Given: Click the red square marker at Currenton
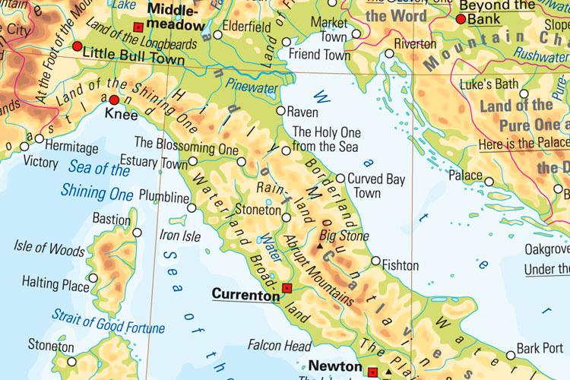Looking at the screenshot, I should coord(287,288).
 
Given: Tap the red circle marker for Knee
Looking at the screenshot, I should coord(114,100).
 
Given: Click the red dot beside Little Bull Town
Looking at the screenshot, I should coord(77,46).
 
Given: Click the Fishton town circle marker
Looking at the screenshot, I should coord(375,261).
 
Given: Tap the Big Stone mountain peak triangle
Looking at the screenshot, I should coord(322,247).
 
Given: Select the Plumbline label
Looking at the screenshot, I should coord(163,198).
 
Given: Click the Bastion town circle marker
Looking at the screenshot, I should coord(137,233).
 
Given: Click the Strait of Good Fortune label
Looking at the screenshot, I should coord(108,321).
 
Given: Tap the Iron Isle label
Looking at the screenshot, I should coord(181,236).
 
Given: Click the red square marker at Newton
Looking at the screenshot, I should coord(372,372).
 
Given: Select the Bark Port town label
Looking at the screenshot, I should coord(540,349).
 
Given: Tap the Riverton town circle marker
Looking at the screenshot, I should coord(389,53).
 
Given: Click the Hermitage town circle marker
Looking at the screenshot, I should coord(39,138).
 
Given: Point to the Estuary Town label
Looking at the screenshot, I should coord(161,163).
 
